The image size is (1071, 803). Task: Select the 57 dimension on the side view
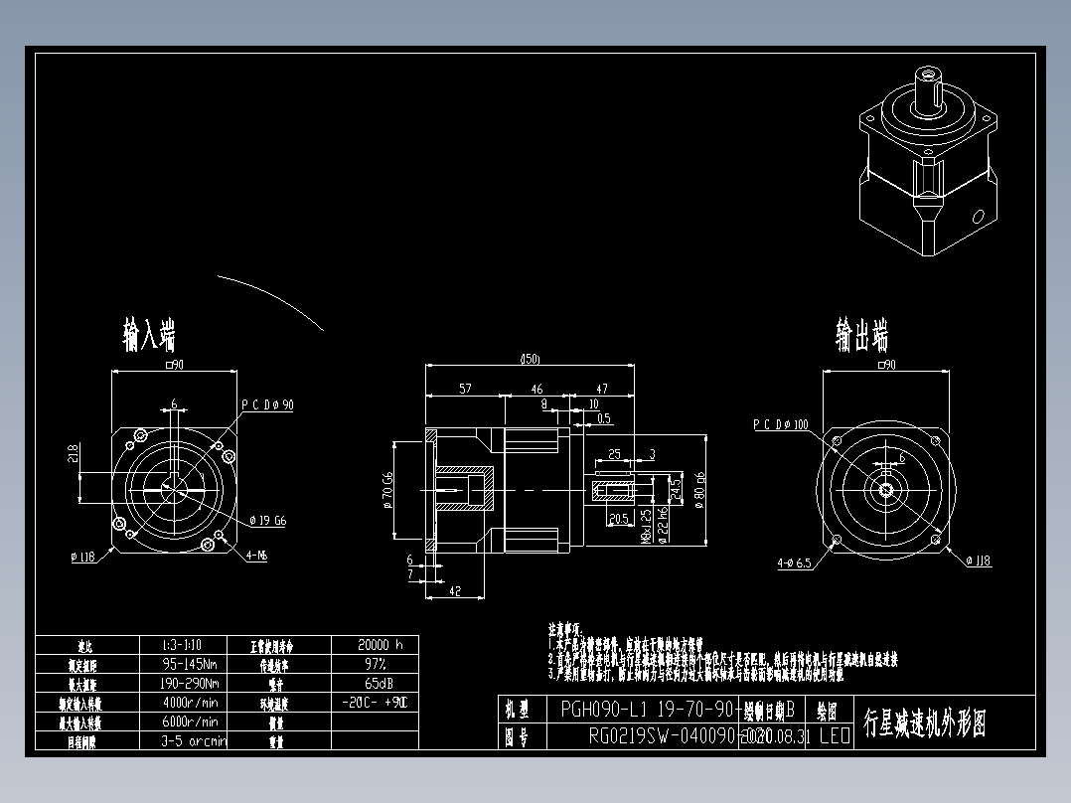click(465, 390)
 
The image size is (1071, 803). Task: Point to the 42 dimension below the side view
click(454, 590)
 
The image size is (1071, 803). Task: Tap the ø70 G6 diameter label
click(386, 489)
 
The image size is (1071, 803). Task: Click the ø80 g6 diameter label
click(700, 489)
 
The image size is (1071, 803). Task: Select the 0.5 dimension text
click(603, 417)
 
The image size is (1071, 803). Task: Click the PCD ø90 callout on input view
click(267, 404)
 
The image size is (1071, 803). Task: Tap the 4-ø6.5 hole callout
click(794, 562)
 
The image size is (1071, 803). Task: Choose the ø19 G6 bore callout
click(267, 520)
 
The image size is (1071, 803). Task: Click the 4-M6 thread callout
click(255, 556)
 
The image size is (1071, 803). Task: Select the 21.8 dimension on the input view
click(73, 454)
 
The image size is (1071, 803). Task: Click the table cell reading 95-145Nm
click(190, 664)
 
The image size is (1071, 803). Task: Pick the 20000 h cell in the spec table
click(375, 645)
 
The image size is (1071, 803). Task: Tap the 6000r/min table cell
click(190, 722)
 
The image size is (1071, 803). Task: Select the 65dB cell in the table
click(375, 684)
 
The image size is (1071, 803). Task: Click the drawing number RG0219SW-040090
click(661, 736)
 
